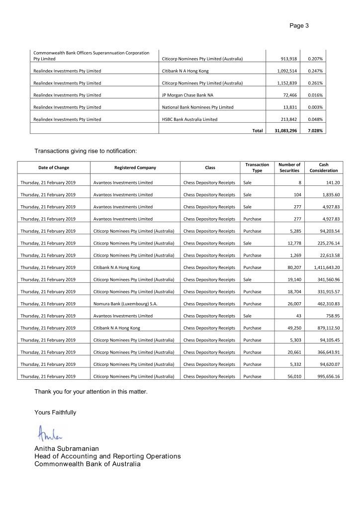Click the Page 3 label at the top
(299, 25)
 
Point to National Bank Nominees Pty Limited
(197, 107)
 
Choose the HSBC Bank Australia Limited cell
(189, 119)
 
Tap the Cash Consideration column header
(323, 168)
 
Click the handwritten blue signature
(49, 434)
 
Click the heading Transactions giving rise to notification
(85, 151)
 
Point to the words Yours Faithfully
(55, 412)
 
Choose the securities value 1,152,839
(287, 83)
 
